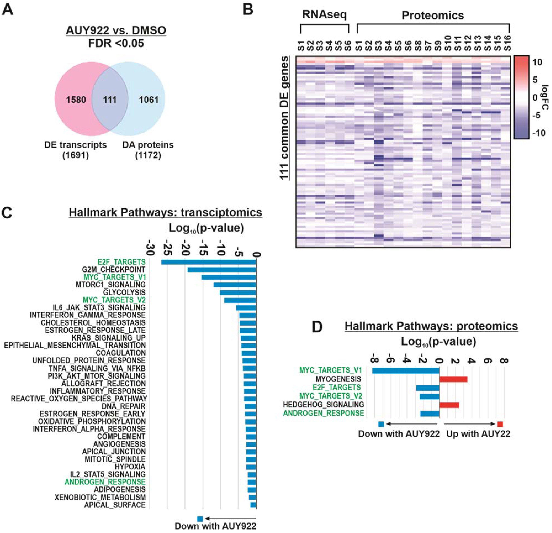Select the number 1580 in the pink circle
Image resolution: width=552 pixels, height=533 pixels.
76,100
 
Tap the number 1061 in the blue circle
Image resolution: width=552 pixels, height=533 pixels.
149,100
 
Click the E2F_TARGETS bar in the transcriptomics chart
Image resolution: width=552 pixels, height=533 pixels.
208,262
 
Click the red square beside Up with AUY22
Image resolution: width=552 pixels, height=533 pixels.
500,424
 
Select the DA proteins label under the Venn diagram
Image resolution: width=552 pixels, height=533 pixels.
148,145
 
